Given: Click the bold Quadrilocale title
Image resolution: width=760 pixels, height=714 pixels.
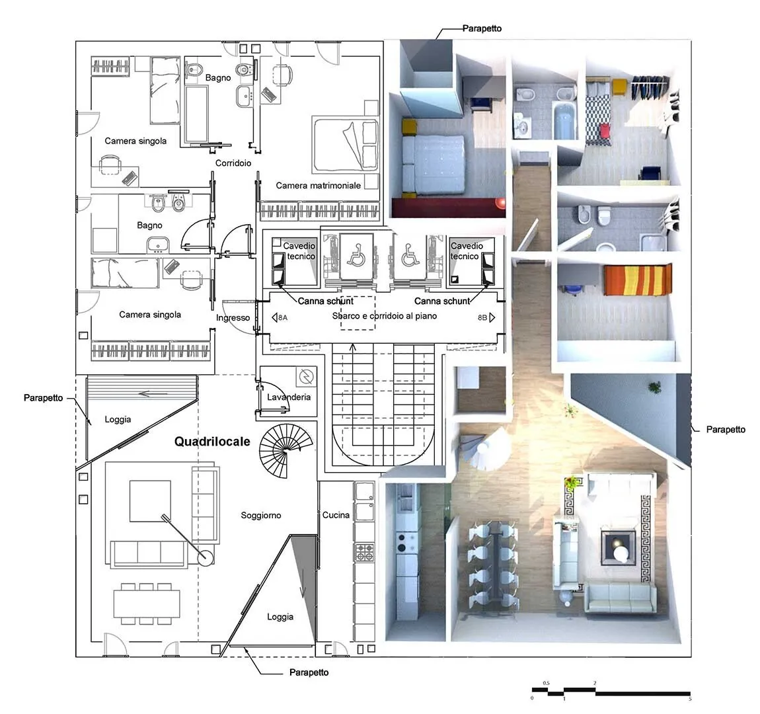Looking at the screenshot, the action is click(x=212, y=442).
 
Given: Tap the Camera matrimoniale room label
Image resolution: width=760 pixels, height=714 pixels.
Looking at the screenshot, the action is click(x=318, y=185).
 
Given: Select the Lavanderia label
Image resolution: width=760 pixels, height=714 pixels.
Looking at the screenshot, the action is click(x=289, y=397).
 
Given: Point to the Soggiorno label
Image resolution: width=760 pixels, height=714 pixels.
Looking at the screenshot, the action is click(x=261, y=515).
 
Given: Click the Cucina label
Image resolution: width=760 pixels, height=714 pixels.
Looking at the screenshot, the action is click(x=336, y=515).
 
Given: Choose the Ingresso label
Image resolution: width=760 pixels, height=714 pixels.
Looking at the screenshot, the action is click(x=233, y=317).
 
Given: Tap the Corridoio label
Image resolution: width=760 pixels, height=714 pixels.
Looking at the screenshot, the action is click(x=233, y=163).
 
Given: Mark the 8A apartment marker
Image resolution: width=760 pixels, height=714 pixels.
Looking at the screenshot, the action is click(x=280, y=317).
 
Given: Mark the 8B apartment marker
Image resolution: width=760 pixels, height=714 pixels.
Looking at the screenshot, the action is click(x=486, y=317).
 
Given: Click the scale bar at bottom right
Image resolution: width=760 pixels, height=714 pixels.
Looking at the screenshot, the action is click(x=611, y=692).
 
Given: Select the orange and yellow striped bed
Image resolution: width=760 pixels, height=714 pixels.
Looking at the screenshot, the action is click(x=637, y=279).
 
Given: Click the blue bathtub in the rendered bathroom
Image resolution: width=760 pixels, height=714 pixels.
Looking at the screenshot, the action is click(x=564, y=120).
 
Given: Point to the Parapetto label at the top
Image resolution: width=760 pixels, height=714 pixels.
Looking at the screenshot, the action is click(x=482, y=28).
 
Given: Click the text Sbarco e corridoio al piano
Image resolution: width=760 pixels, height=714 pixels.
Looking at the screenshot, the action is click(x=385, y=316).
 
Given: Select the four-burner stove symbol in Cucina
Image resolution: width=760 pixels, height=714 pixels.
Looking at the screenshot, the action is click(x=365, y=553).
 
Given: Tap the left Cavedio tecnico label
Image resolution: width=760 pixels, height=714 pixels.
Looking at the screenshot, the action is click(x=299, y=251).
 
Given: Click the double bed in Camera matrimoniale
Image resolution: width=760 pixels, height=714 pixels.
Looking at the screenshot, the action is click(x=345, y=144).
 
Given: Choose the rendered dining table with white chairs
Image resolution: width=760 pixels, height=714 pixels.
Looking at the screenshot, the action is click(x=493, y=565).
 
